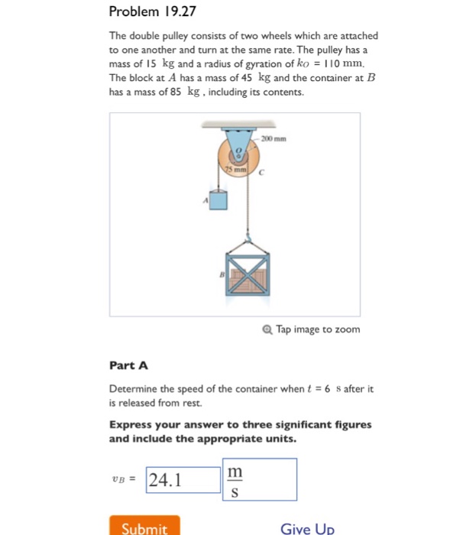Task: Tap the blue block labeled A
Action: (219, 200)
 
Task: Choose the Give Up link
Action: (307, 528)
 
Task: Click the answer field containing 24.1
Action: (183, 479)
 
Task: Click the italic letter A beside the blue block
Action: (205, 200)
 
